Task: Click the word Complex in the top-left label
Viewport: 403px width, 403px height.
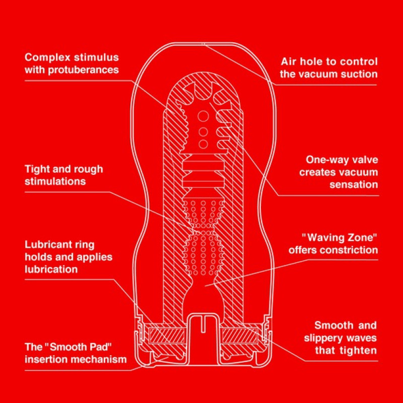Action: click(x=47, y=57)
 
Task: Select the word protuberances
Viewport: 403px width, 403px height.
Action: click(x=83, y=70)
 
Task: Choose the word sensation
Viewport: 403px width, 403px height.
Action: click(x=354, y=184)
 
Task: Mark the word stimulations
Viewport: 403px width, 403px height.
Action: click(x=55, y=181)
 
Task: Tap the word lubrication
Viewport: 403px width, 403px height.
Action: click(x=51, y=269)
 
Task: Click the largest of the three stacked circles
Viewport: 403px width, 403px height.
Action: click(x=203, y=117)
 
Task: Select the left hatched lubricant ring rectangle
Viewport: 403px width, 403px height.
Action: click(x=167, y=335)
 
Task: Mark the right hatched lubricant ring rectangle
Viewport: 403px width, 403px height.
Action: click(x=240, y=335)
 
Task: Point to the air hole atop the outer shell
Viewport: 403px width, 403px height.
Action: click(x=203, y=44)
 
